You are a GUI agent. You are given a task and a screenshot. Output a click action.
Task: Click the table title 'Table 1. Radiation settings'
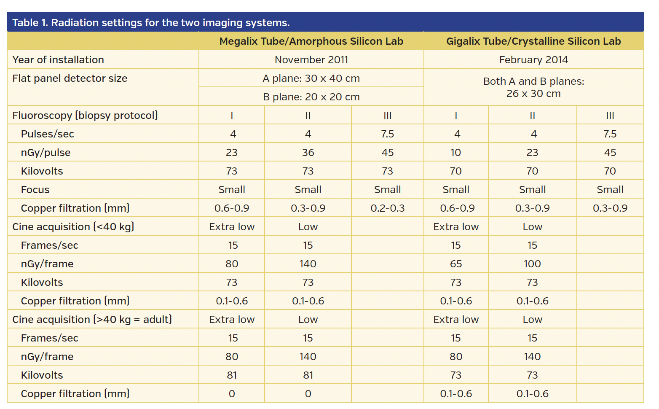click(151, 23)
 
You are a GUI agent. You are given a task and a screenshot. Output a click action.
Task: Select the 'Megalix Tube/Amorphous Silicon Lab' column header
click(311, 41)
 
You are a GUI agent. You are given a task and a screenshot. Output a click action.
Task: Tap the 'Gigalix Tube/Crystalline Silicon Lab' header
click(533, 41)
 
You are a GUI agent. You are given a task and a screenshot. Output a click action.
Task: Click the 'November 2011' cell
click(311, 60)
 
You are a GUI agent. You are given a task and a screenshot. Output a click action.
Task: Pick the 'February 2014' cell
click(533, 60)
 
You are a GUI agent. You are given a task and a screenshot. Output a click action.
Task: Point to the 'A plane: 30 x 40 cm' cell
click(311, 78)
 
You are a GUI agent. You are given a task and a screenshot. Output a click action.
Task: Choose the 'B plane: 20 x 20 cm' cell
click(311, 97)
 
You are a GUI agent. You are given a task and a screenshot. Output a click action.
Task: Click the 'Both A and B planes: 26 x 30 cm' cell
click(533, 87)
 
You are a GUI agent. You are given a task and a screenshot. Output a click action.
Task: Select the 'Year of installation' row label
click(58, 60)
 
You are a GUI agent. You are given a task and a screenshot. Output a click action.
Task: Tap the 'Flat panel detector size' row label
click(70, 78)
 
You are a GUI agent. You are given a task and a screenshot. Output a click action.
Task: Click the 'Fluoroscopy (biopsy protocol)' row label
click(85, 116)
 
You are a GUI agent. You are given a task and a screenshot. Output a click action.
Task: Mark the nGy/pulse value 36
click(308, 153)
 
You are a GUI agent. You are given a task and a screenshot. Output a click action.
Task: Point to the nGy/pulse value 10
click(456, 153)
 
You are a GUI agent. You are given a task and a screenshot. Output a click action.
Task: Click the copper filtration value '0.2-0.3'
click(388, 208)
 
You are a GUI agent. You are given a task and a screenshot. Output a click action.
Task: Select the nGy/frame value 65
click(456, 264)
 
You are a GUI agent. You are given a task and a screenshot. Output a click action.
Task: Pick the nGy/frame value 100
click(532, 264)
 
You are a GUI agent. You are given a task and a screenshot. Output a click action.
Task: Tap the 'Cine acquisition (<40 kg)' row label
click(73, 227)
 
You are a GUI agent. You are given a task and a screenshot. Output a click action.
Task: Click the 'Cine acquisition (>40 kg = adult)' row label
click(92, 320)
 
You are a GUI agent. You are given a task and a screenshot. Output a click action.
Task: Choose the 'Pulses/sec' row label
click(48, 134)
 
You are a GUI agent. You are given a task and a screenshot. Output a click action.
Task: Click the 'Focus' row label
click(35, 190)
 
